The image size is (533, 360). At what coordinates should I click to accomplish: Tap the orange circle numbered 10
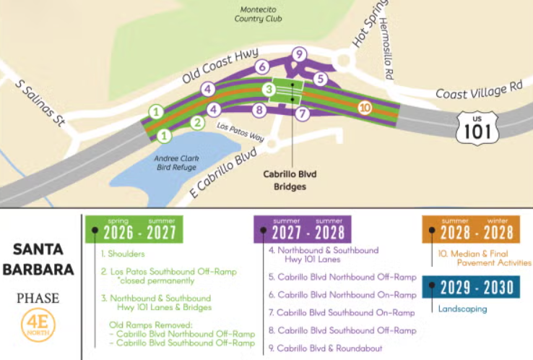[x=365, y=108]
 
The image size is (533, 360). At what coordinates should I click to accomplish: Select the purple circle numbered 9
[x=300, y=53]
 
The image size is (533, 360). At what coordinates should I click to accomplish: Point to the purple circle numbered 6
[x=261, y=67]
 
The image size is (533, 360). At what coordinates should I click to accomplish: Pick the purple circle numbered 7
[x=303, y=113]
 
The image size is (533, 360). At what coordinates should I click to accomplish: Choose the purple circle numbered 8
[x=259, y=111]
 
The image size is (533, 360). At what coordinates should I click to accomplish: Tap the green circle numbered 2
[x=197, y=121]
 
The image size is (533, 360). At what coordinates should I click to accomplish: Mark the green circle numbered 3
[x=267, y=90]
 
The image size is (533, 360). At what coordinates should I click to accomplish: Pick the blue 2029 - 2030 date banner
[x=471, y=287]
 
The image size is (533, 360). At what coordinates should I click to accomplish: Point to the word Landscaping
[x=463, y=309]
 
